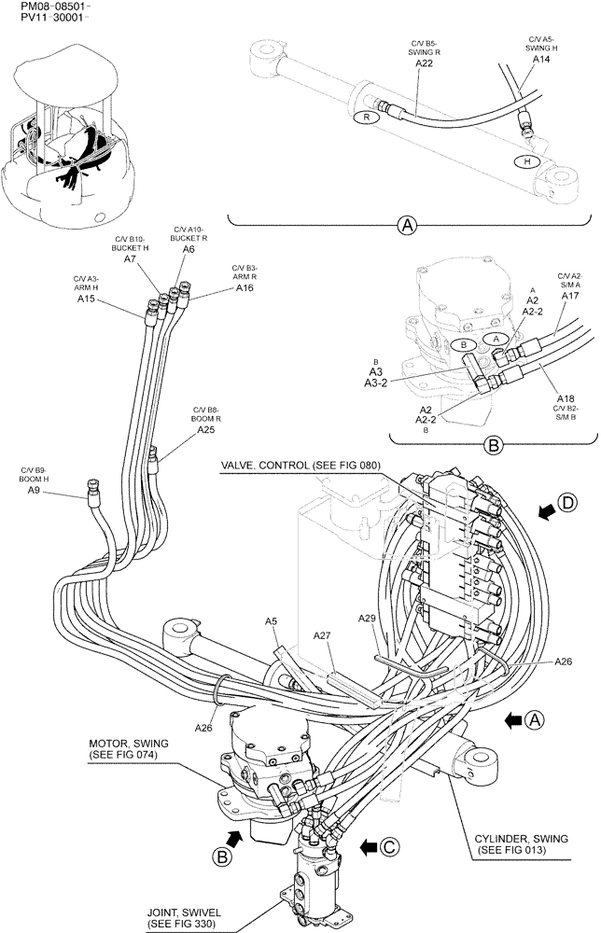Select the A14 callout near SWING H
point(541,59)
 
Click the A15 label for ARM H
point(86,299)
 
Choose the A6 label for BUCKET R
point(189,250)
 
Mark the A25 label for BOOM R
point(206,430)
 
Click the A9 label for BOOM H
point(33,490)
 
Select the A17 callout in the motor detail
point(570,296)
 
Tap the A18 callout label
point(566,397)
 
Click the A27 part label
point(322,635)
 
